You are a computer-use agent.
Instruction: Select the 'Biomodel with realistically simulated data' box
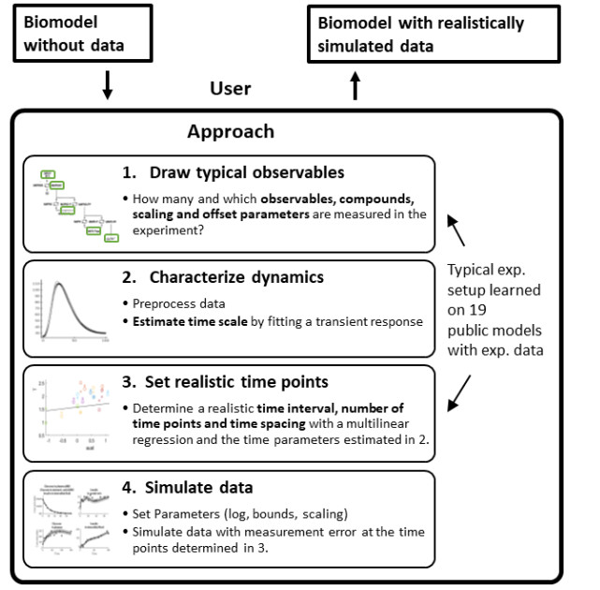point(433,35)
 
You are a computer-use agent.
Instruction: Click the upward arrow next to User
point(355,87)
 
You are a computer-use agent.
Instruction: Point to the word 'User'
point(230,89)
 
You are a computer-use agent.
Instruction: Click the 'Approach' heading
point(230,132)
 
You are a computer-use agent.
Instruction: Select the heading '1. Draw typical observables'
point(233,172)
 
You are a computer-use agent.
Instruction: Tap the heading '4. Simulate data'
point(200,486)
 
